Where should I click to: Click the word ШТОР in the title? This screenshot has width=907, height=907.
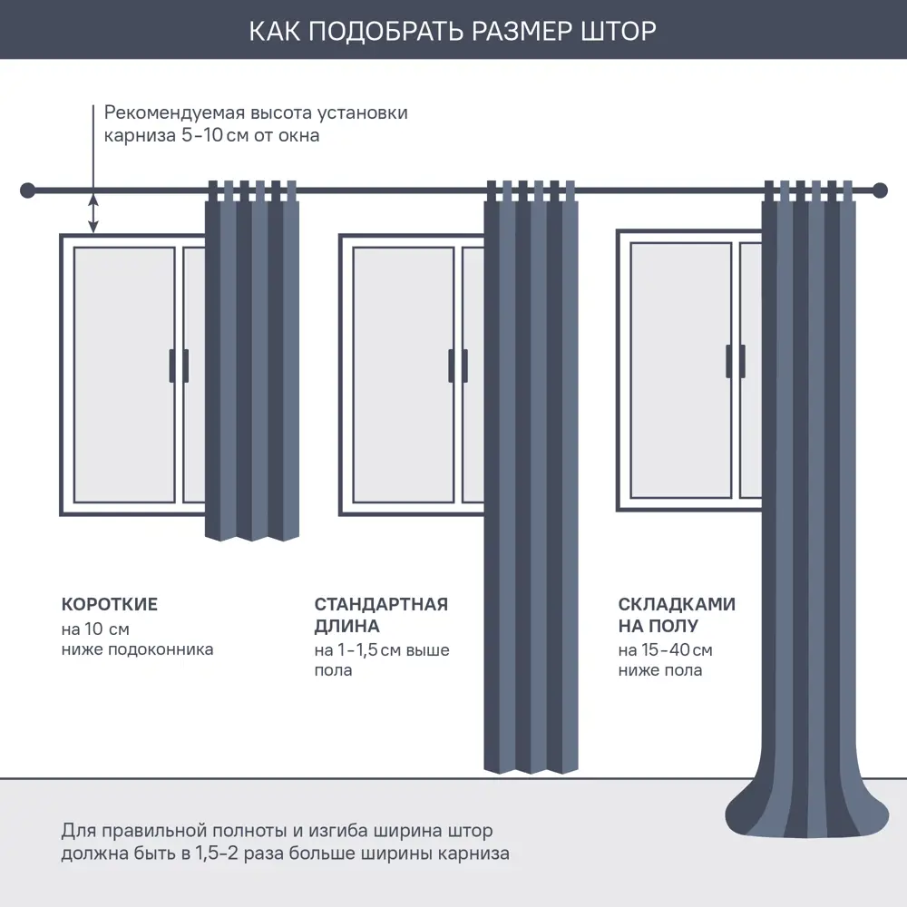615,31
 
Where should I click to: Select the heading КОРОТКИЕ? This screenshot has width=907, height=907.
110,605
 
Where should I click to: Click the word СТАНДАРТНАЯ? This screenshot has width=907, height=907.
381,605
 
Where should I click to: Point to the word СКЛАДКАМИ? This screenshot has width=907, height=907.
677,605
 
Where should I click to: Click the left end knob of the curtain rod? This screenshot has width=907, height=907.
27,190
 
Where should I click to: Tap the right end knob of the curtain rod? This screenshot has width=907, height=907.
879,190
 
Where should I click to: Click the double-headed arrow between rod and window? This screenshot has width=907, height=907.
93,213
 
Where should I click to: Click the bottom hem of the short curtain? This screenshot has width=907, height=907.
252,534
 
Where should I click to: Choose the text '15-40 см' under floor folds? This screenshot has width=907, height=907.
665,650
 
